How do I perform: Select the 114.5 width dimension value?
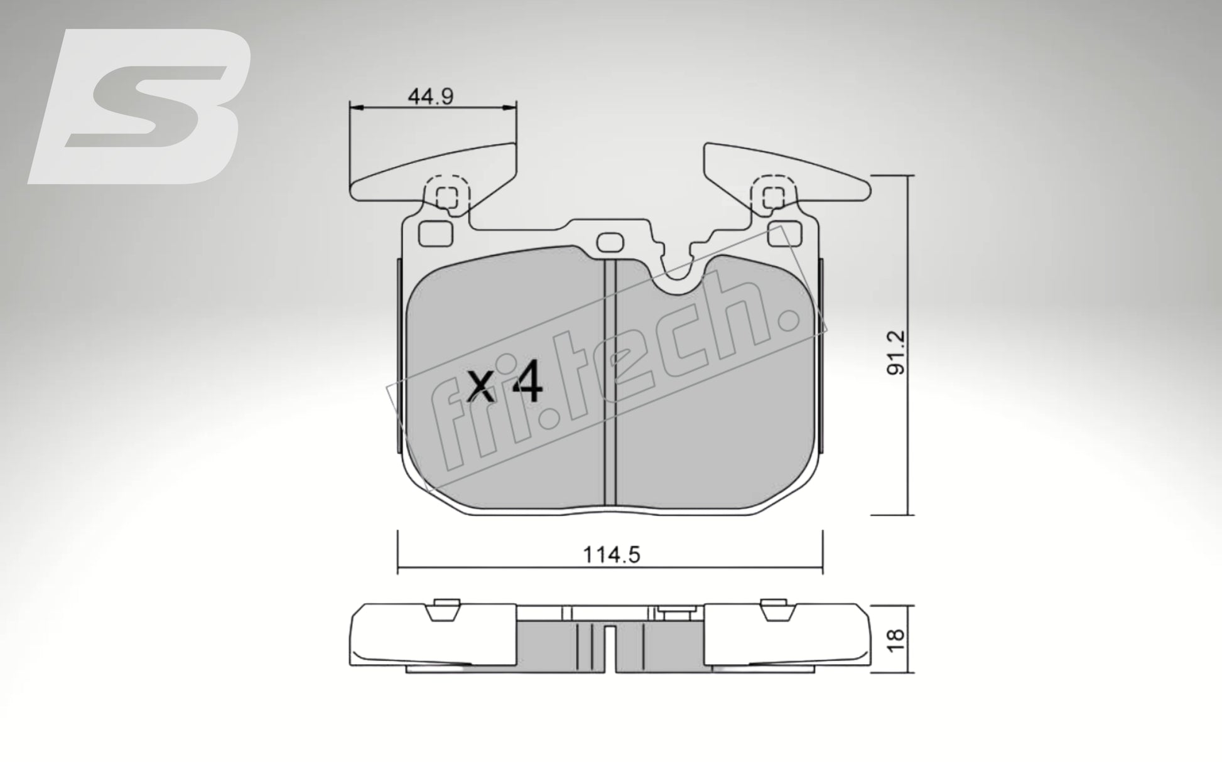click(x=612, y=555)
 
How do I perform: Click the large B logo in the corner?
click(x=141, y=107)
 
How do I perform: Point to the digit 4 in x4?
click(x=526, y=385)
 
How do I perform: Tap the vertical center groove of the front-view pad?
click(x=610, y=383)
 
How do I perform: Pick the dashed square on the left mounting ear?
click(x=447, y=197)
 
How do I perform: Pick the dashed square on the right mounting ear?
click(x=773, y=197)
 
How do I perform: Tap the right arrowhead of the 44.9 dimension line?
click(x=512, y=109)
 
